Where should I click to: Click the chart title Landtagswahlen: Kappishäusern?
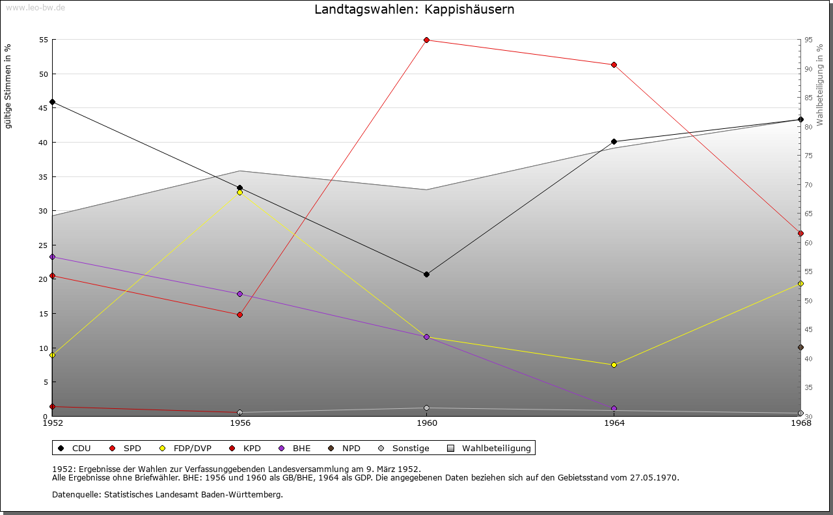click(414, 10)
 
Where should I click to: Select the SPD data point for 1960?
click(427, 40)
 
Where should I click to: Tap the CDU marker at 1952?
click(53, 102)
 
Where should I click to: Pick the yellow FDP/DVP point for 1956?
click(239, 192)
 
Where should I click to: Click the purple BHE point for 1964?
click(614, 408)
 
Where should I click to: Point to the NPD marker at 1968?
click(800, 348)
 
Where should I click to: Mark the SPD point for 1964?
click(614, 65)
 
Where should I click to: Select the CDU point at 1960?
click(427, 274)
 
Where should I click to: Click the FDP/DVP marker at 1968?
click(800, 284)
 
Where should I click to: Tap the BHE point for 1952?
click(53, 257)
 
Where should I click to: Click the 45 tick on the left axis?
click(44, 108)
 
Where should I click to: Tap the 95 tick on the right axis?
click(808, 40)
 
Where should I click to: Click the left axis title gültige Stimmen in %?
click(8, 86)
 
